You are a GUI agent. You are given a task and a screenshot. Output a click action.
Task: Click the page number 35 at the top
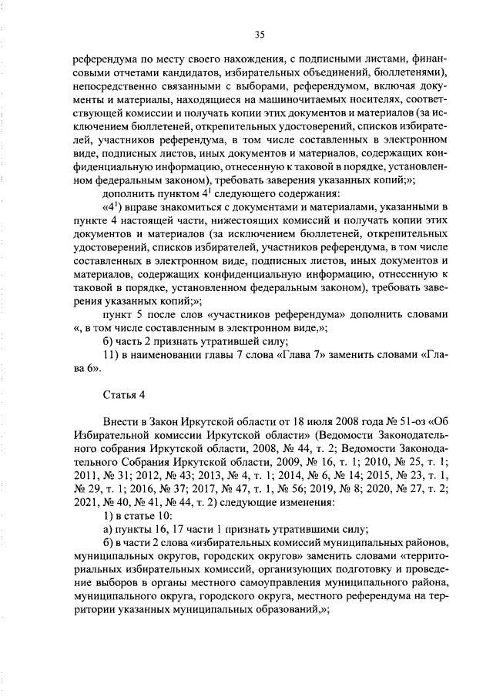coord(260,34)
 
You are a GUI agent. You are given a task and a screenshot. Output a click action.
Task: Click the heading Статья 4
coord(123,395)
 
